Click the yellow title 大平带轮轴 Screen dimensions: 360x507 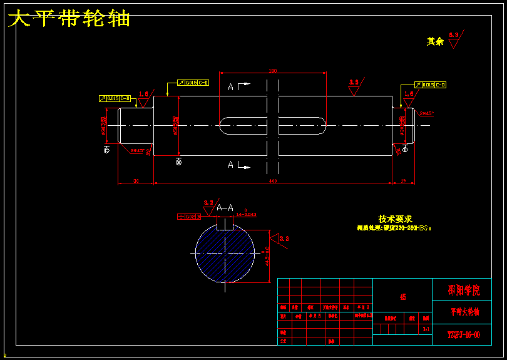[69, 19]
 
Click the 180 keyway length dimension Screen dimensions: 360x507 [272, 71]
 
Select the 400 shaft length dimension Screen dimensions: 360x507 [272, 181]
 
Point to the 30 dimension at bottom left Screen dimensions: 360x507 [136, 181]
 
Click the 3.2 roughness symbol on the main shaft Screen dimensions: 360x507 [354, 86]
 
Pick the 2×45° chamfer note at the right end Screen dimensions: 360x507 [426, 113]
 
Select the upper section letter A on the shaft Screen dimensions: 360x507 [231, 86]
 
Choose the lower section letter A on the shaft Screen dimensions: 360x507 [231, 165]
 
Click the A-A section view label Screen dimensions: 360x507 [225, 207]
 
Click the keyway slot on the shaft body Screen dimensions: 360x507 [272, 126]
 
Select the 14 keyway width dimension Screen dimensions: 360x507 [245, 215]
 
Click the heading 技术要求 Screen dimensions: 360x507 [395, 219]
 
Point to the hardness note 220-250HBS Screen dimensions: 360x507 [394, 229]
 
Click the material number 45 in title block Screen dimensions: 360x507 [402, 297]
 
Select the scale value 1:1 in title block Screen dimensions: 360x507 [426, 328]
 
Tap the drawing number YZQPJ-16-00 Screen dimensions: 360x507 [464, 334]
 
